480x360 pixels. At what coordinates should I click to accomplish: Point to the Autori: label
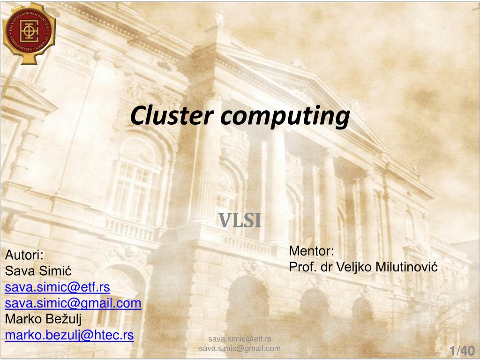(24, 255)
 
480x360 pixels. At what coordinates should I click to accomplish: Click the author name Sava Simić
(38, 271)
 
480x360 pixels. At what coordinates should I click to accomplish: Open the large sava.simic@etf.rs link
(57, 287)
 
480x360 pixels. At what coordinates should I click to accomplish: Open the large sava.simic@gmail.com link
(73, 303)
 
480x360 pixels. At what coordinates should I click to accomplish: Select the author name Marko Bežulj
(43, 320)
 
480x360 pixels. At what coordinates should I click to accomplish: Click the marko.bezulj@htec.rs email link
(69, 336)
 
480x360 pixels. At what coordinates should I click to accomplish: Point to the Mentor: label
(311, 251)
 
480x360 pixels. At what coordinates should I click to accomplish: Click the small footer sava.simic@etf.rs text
(240, 339)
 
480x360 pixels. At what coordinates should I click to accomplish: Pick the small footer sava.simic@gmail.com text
(240, 348)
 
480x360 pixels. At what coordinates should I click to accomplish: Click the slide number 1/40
(462, 351)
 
